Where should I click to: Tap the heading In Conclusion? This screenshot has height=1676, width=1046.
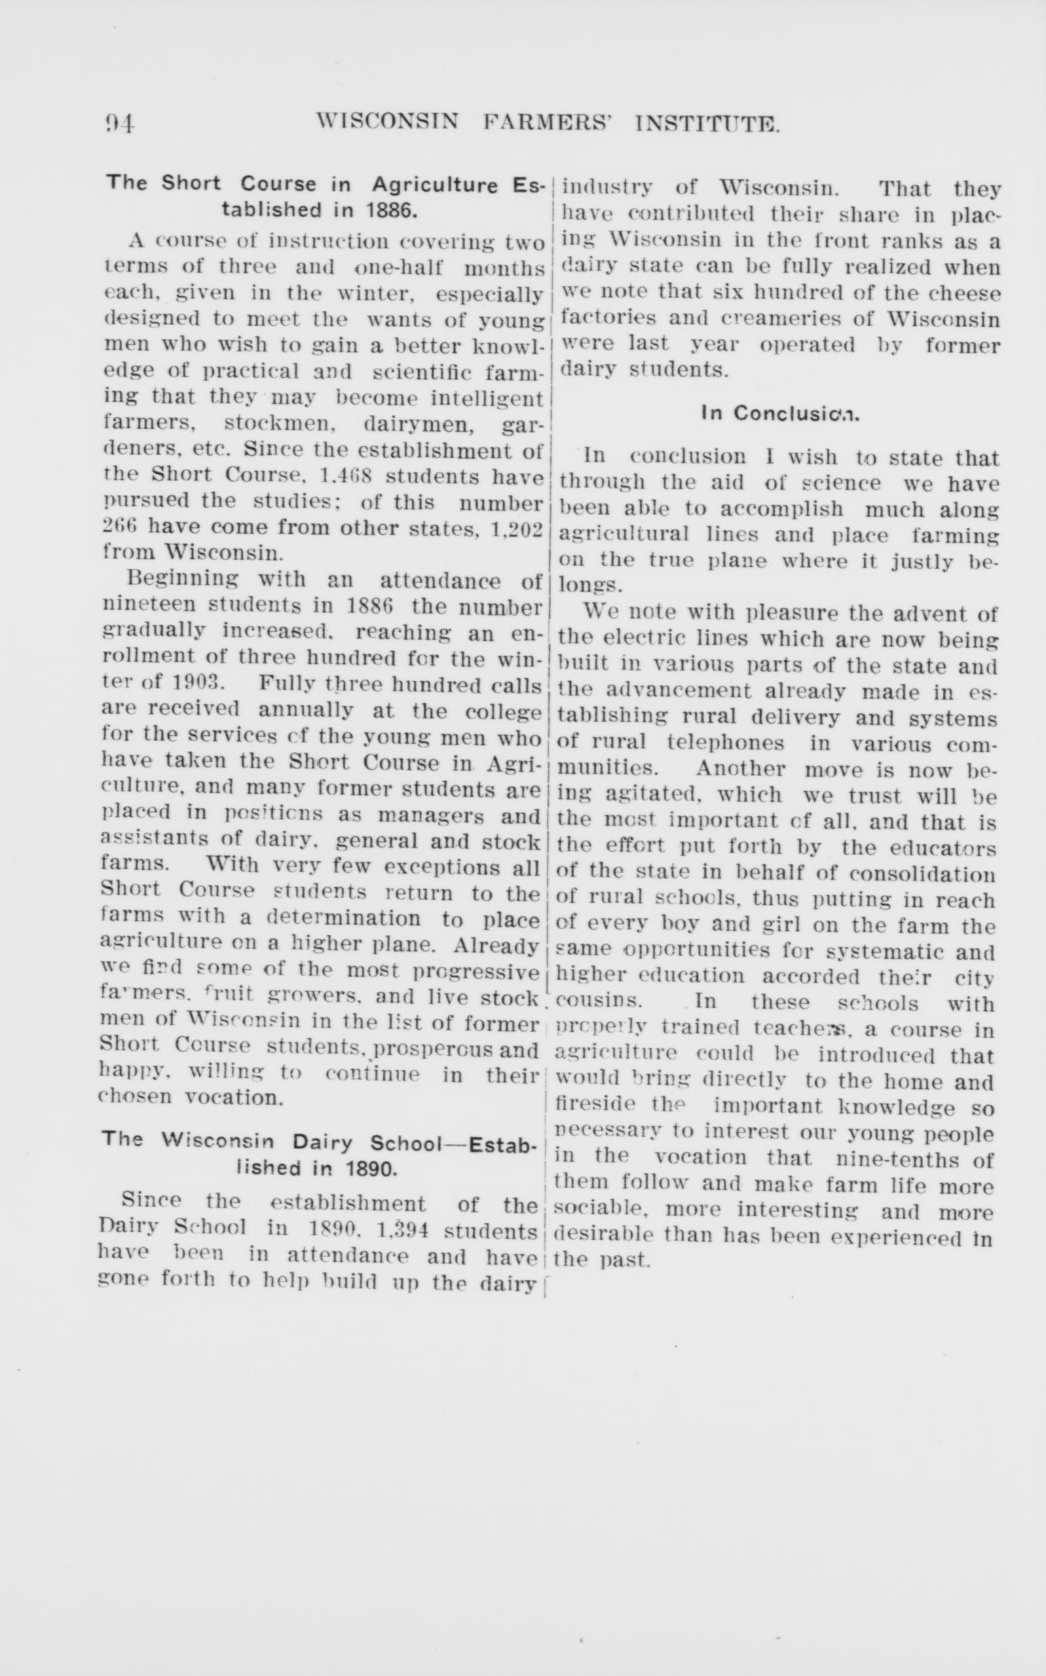click(779, 413)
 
